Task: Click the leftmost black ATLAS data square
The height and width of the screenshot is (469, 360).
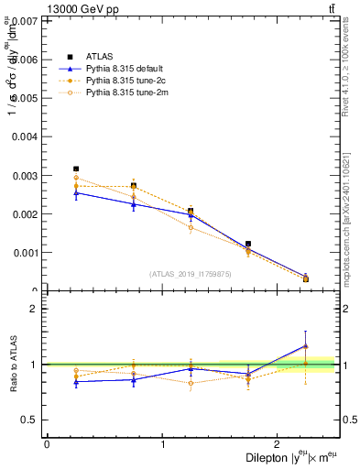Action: point(76,169)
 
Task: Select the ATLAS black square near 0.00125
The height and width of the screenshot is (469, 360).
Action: point(248,244)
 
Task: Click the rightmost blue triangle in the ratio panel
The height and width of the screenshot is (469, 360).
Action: point(306,345)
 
